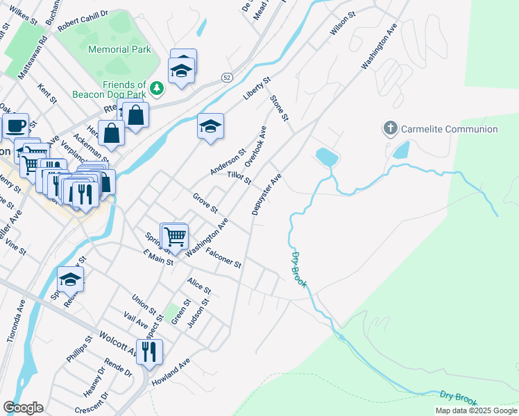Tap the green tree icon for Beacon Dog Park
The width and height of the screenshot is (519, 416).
(158, 87)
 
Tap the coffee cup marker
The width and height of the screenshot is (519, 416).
(15, 125)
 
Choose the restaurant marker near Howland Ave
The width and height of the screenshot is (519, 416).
(149, 352)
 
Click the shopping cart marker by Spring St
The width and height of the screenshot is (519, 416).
(175, 236)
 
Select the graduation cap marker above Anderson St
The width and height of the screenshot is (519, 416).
(210, 127)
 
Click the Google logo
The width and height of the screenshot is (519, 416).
(23, 408)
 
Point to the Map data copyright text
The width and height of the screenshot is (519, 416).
(476, 410)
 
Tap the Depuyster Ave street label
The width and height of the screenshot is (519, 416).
(267, 195)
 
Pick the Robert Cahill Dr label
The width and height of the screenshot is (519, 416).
(83, 19)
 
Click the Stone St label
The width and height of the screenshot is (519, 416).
(279, 109)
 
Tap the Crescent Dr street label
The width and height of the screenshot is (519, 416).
(96, 404)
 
